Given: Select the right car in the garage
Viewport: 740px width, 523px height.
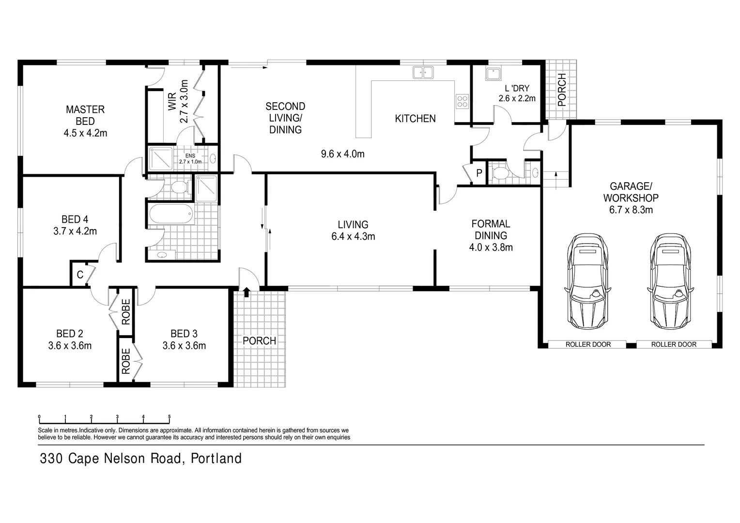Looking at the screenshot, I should pyautogui.click(x=670, y=281).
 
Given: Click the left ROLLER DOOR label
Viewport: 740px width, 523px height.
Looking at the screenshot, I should pyautogui.click(x=588, y=344).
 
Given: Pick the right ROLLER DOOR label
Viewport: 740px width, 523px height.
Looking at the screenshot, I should pyautogui.click(x=673, y=344).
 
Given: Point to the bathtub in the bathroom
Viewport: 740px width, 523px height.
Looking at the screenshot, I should pyautogui.click(x=170, y=214).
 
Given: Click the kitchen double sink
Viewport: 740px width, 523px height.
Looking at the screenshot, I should pyautogui.click(x=423, y=73).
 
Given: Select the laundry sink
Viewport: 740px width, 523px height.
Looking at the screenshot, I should pyautogui.click(x=493, y=74).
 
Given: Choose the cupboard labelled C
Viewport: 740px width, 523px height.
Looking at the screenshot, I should pyautogui.click(x=80, y=275).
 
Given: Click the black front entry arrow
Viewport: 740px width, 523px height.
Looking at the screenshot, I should pyautogui.click(x=247, y=292).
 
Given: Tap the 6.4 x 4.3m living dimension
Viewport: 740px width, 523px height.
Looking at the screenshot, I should pyautogui.click(x=353, y=236).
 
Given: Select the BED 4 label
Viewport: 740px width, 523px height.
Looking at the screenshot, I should pyautogui.click(x=75, y=219).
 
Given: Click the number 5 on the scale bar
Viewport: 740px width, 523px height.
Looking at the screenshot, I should pyautogui.click(x=169, y=416).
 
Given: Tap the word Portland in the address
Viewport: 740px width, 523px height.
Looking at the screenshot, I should pyautogui.click(x=216, y=458).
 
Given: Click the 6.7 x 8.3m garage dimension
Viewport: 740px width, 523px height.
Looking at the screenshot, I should pyautogui.click(x=631, y=210).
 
